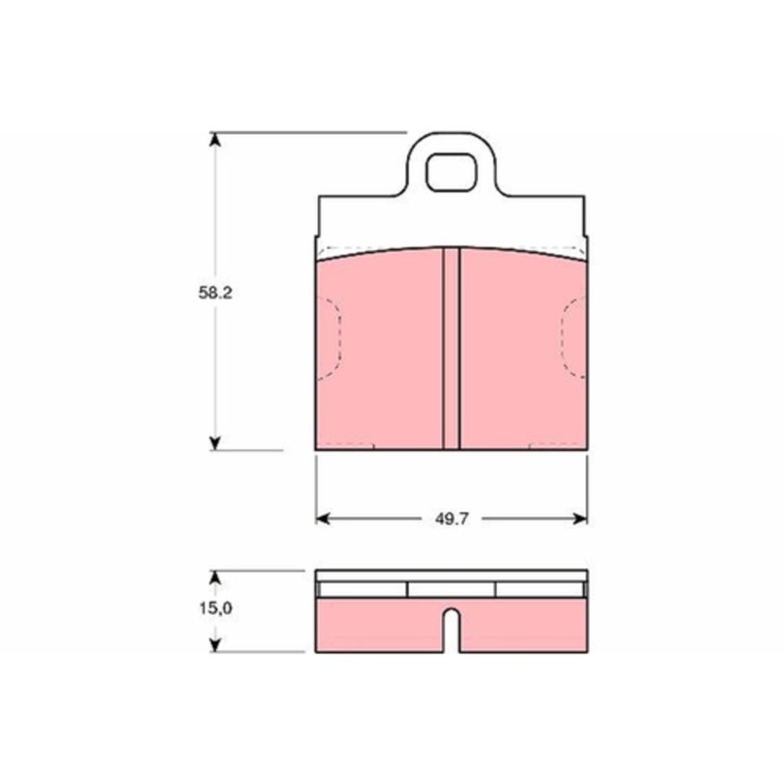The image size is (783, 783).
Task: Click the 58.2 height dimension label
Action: pyautogui.click(x=215, y=293)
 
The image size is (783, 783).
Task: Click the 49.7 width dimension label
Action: pyautogui.click(x=452, y=519)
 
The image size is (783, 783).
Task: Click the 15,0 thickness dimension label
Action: pyautogui.click(x=216, y=608)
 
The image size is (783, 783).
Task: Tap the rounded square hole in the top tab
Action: pyautogui.click(x=451, y=172)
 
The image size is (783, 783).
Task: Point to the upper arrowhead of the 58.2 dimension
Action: pyautogui.click(x=215, y=139)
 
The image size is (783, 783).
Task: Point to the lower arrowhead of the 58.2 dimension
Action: pyautogui.click(x=215, y=443)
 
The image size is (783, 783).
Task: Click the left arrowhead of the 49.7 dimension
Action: pyautogui.click(x=323, y=519)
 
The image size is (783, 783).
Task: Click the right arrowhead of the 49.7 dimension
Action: pyautogui.click(x=580, y=519)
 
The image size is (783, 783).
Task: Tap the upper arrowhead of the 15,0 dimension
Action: pyautogui.click(x=215, y=577)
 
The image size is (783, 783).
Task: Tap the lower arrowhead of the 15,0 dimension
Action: pyautogui.click(x=215, y=645)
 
